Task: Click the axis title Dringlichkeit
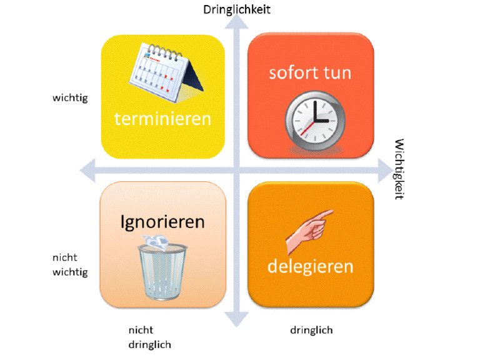pyautogui.click(x=237, y=9)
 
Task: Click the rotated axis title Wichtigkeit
pyautogui.click(x=399, y=169)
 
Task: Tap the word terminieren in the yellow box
pyautogui.click(x=162, y=119)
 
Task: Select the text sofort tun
pyautogui.click(x=310, y=73)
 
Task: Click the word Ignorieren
pyautogui.click(x=162, y=222)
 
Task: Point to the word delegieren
pyautogui.click(x=311, y=267)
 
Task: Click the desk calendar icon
pyautogui.click(x=166, y=72)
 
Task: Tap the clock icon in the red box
pyautogui.click(x=315, y=121)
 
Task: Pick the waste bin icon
pyautogui.click(x=162, y=268)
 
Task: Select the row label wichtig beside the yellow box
pyautogui.click(x=70, y=98)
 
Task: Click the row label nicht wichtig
pyautogui.click(x=70, y=265)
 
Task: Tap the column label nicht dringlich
pyautogui.click(x=150, y=337)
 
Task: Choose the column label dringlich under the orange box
pyautogui.click(x=311, y=330)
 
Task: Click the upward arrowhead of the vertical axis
pyautogui.click(x=236, y=21)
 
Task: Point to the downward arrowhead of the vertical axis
pyautogui.click(x=236, y=319)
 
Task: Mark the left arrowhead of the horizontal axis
pyautogui.click(x=87, y=171)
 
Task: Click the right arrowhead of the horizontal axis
pyautogui.click(x=386, y=171)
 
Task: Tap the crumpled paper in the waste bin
pyautogui.click(x=156, y=242)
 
